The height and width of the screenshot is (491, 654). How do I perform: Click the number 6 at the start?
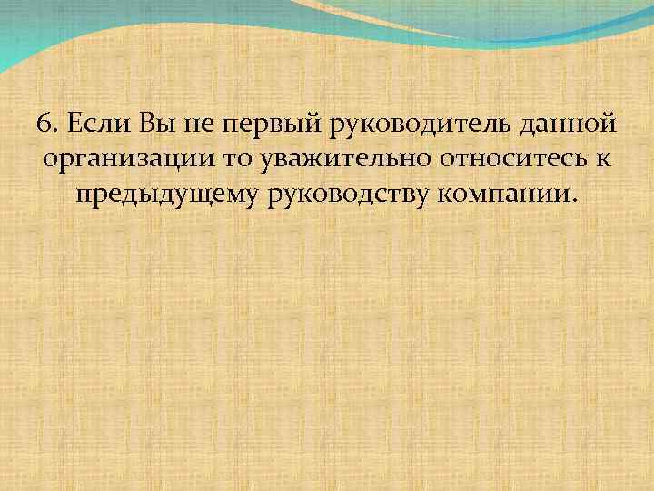(45, 122)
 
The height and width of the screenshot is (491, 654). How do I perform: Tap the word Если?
(98, 122)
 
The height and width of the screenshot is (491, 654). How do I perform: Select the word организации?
(133, 161)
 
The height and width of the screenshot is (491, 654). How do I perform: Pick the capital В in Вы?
(146, 122)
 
